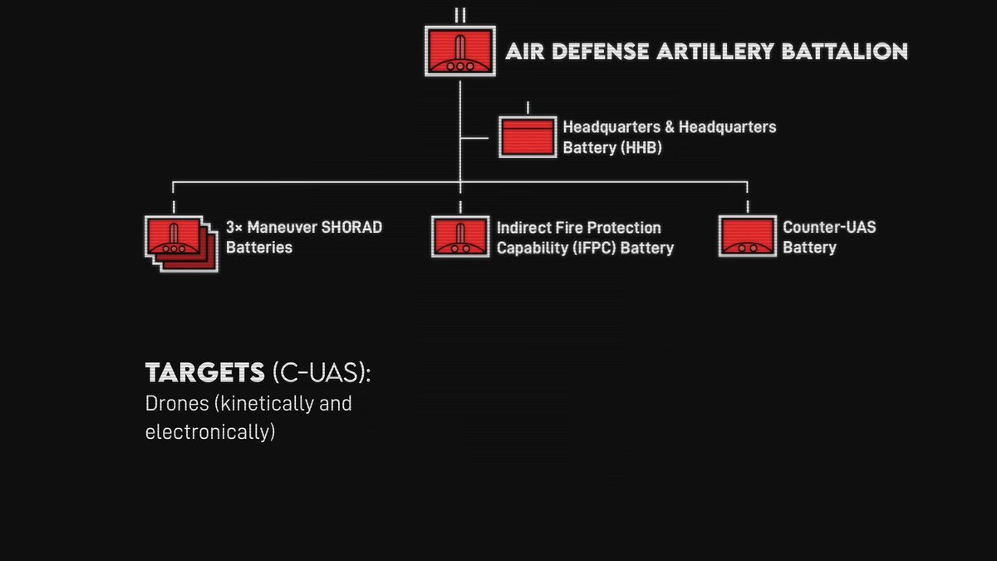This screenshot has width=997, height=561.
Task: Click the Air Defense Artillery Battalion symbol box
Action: click(x=459, y=52)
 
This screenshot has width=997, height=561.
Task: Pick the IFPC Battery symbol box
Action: click(x=459, y=236)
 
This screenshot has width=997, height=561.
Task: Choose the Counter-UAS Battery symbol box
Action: click(x=747, y=236)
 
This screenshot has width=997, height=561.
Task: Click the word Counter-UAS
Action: click(x=829, y=227)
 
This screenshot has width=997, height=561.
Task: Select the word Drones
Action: click(x=172, y=404)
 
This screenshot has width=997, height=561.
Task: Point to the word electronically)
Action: click(x=209, y=432)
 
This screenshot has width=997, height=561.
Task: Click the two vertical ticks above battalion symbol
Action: click(x=459, y=15)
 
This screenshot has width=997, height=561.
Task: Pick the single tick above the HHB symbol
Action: click(x=528, y=108)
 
